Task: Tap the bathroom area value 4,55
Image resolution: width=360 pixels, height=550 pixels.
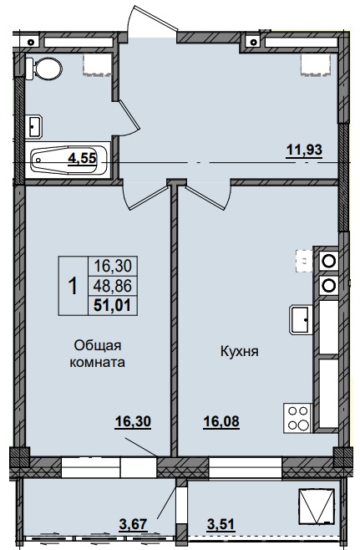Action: pyautogui.click(x=82, y=156)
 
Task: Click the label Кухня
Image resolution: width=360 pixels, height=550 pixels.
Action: pyautogui.click(x=238, y=352)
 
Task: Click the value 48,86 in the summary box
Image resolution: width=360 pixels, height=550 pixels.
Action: pyautogui.click(x=114, y=285)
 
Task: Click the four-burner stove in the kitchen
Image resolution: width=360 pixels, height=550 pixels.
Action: pyautogui.click(x=297, y=417)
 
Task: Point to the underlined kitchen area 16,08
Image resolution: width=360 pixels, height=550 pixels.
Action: pyautogui.click(x=221, y=422)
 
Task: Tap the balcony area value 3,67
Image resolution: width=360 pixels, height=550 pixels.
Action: pyautogui.click(x=133, y=524)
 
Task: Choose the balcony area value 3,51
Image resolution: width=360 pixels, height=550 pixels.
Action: pyautogui.click(x=221, y=524)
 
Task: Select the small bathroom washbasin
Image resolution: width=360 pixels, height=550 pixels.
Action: pyautogui.click(x=33, y=125)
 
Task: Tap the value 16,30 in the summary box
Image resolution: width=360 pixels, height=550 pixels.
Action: pyautogui.click(x=114, y=267)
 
